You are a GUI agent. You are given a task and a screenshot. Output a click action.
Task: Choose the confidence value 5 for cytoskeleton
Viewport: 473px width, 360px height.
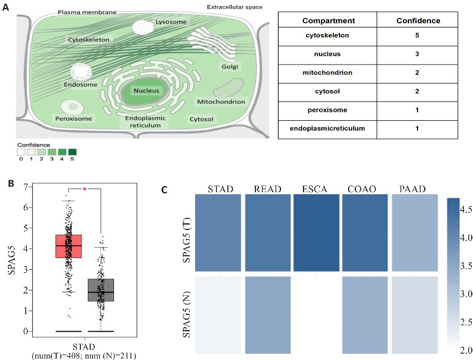418,37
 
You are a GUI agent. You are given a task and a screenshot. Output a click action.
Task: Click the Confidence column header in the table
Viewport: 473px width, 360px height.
418,20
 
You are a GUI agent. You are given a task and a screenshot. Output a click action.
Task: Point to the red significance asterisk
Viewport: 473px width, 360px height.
85,190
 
